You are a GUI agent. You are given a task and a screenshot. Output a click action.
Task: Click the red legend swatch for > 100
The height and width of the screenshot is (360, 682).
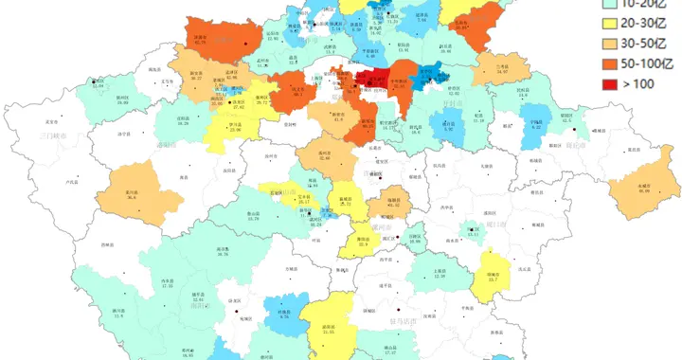[x=610, y=83]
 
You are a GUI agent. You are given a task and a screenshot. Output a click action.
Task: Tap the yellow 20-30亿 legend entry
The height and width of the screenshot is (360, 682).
[x=610, y=22]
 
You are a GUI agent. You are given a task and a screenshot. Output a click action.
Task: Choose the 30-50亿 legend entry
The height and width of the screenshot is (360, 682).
[x=610, y=43]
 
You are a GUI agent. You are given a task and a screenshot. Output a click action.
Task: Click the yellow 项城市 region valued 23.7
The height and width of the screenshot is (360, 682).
[x=493, y=275]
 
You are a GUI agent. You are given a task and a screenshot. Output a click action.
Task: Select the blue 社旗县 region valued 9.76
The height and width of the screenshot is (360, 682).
[x=283, y=313]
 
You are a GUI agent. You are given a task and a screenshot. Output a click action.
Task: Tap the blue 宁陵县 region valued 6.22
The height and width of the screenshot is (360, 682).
[x=537, y=124]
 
